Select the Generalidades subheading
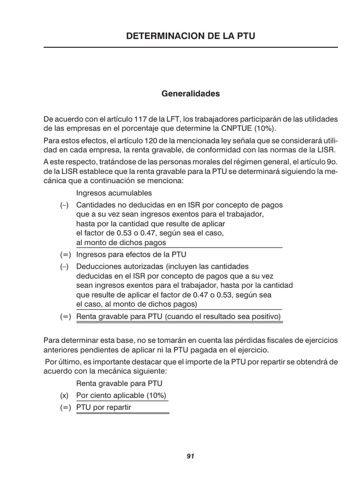pos(190,94)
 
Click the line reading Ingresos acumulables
pos(114,193)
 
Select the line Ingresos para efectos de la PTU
pos(131,255)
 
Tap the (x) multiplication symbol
pos(64,395)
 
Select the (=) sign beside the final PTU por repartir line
pos(65,407)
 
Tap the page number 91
pos(190,456)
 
